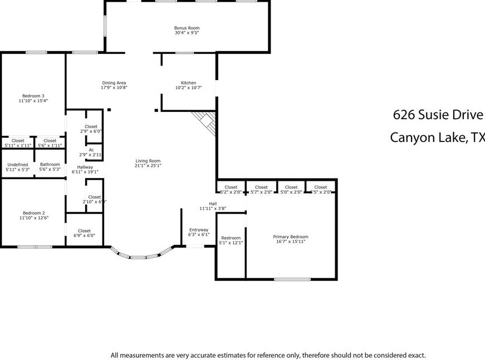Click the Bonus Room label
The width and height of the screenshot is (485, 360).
(x=187, y=28)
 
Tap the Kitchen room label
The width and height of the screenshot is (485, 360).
(x=188, y=83)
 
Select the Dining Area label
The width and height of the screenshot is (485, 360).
(x=114, y=83)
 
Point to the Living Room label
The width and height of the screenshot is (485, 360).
(x=148, y=161)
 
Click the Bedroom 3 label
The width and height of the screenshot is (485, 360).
(x=33, y=96)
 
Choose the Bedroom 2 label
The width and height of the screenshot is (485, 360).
(x=33, y=213)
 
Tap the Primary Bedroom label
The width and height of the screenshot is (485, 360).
(x=290, y=236)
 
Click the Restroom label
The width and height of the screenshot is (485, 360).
(x=231, y=238)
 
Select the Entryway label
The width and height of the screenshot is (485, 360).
(x=199, y=230)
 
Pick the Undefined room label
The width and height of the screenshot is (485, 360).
(x=17, y=165)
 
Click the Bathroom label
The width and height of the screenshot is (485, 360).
(x=50, y=165)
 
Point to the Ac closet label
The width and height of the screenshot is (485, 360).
(x=91, y=150)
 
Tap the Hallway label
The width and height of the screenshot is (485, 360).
(x=85, y=167)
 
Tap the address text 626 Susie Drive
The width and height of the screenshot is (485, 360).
(x=438, y=115)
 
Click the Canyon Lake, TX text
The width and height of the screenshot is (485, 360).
(x=437, y=137)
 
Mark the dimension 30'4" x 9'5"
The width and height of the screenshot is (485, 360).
(x=187, y=33)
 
